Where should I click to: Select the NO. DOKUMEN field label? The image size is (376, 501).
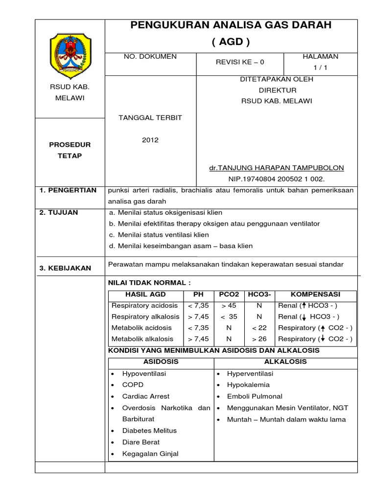[x=151, y=57]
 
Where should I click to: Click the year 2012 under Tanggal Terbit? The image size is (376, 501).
[x=150, y=140]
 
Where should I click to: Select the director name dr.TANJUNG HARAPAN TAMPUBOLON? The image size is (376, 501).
[x=276, y=168]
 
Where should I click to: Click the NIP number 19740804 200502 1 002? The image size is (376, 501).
[x=277, y=179]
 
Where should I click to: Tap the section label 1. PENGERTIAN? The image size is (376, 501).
[x=68, y=190]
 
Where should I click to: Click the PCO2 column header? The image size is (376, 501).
[x=229, y=294]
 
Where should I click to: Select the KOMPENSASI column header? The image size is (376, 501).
[x=315, y=294]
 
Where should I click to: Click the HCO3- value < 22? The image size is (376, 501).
[x=259, y=327]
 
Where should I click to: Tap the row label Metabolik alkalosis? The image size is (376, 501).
[x=142, y=339]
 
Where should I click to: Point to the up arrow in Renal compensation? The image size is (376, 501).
[x=304, y=305]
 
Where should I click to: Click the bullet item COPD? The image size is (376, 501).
[x=133, y=385]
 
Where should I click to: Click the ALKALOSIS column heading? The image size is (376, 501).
[x=285, y=362]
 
